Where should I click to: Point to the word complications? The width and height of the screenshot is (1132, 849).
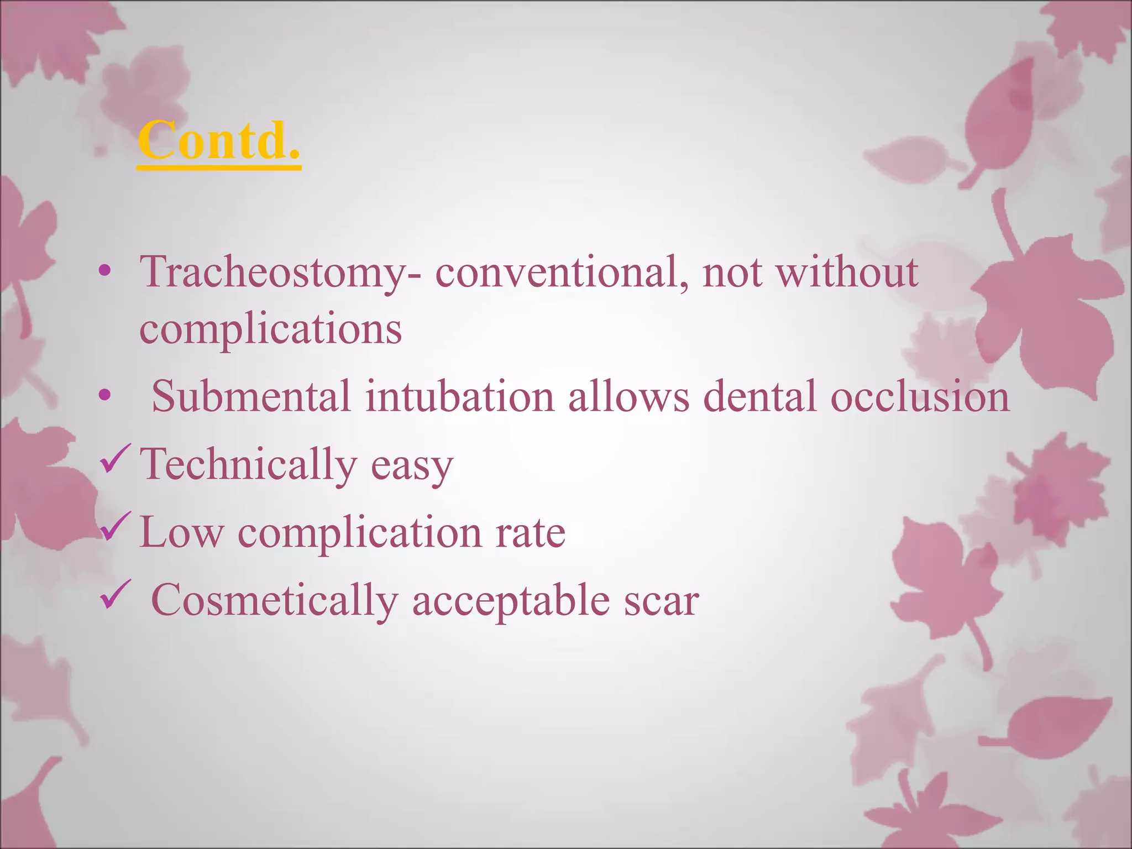coord(270,330)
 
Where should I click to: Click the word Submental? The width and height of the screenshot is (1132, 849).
coord(251,396)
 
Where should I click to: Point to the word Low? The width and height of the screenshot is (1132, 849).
coord(182,532)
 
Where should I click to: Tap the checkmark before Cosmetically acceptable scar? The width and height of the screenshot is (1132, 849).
coord(115,595)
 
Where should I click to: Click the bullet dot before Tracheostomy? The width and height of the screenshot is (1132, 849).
coord(104,271)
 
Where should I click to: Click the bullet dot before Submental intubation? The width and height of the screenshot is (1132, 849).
coord(104,395)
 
